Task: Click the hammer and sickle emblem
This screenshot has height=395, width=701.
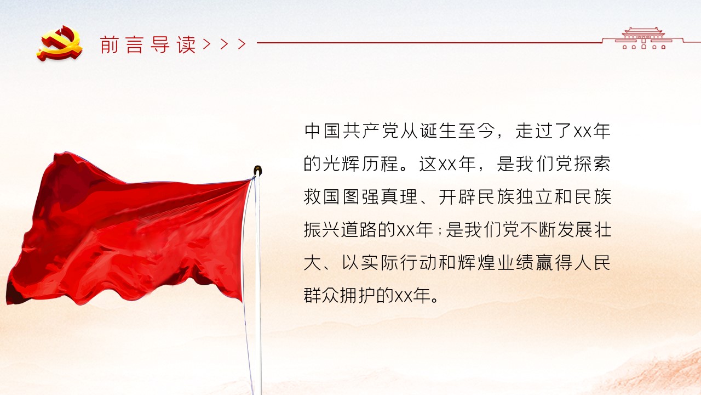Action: pyautogui.click(x=60, y=43)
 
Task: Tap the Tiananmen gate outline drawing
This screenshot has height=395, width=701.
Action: pyautogui.click(x=643, y=38)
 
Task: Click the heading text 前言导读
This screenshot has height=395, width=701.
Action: pyautogui.click(x=148, y=44)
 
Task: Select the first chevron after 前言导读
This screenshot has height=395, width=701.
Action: pyautogui.click(x=206, y=44)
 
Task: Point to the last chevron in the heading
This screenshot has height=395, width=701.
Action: pyautogui.click(x=242, y=44)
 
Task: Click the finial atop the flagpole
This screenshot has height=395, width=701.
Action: pyautogui.click(x=257, y=171)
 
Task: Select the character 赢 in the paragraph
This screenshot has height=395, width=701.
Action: pyautogui.click(x=544, y=263)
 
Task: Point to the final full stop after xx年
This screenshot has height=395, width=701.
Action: pyautogui.click(x=435, y=300)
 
